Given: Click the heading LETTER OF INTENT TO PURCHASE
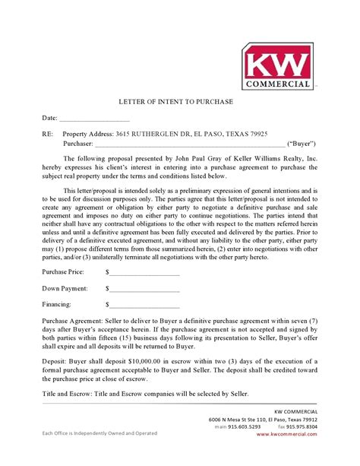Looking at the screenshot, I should [180, 102].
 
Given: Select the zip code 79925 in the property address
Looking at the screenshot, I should [254, 135].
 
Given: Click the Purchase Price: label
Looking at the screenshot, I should [65, 271].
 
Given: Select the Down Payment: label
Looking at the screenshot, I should [65, 289].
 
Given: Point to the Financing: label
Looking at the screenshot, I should [58, 307].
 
